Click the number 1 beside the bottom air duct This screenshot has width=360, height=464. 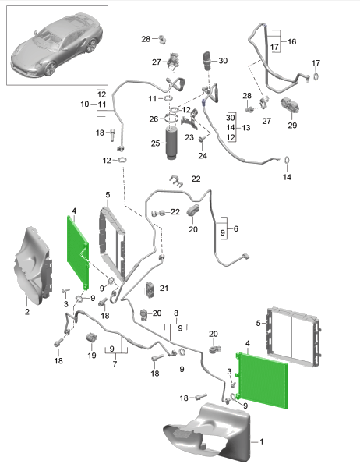[x=261, y=441]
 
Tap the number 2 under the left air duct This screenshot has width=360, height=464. [x=27, y=312]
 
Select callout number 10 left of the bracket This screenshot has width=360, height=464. [x=84, y=104]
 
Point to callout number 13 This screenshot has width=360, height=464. [x=246, y=128]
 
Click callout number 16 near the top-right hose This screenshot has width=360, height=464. [x=291, y=42]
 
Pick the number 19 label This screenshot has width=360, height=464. [x=92, y=355]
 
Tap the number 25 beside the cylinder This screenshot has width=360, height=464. [x=156, y=143]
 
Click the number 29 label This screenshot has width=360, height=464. [x=292, y=126]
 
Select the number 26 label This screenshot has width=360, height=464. [x=154, y=119]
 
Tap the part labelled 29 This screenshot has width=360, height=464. [x=290, y=105]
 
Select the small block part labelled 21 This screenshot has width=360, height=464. [x=150, y=289]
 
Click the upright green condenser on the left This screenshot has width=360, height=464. [x=78, y=252]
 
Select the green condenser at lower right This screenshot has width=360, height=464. [x=262, y=381]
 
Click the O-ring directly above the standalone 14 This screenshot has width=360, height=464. [x=287, y=161]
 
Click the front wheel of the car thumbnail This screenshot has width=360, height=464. [x=51, y=69]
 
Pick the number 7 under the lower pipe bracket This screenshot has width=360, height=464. [x=115, y=363]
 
